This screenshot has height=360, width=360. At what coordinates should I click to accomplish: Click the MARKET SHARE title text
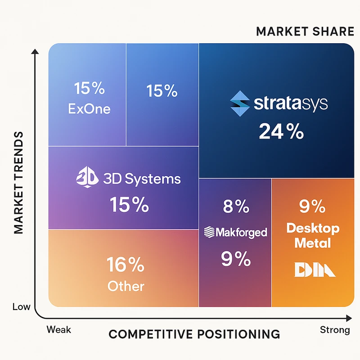pos(305,31)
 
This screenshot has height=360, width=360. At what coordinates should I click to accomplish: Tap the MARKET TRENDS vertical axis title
pos(18,182)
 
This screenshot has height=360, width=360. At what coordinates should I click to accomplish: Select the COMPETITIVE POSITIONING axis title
pos(194,334)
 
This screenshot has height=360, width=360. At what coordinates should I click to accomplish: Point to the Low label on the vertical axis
pos(22,307)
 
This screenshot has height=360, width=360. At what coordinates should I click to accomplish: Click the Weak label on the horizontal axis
pos(58,330)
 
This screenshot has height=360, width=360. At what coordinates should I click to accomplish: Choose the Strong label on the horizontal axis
pos(335,330)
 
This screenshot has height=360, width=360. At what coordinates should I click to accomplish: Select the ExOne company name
pos(89,109)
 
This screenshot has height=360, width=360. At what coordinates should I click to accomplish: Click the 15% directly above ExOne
pos(89,89)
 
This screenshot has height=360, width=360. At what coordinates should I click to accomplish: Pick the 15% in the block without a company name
pos(162,91)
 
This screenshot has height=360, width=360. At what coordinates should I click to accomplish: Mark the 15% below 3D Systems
pos(129,205)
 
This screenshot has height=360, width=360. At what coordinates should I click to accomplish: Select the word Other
pos(126,286)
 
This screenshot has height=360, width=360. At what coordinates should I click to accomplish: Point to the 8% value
pos(236,207)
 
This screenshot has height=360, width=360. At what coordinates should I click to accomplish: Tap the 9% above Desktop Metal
pos(312,207)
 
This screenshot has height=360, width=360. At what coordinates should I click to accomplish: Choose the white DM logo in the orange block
pos(315,270)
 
